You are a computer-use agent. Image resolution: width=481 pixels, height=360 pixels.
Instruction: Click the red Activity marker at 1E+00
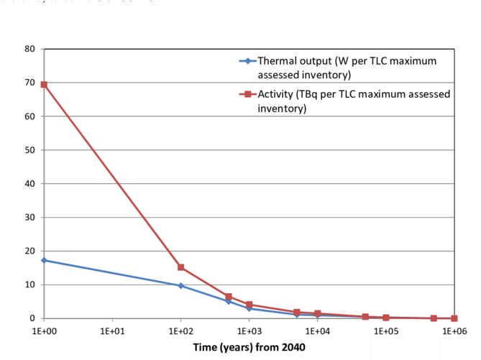point(44,84)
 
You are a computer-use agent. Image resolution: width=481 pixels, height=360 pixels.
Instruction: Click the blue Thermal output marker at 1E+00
point(44,260)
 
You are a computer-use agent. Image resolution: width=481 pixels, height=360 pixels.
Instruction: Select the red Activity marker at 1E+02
point(180,267)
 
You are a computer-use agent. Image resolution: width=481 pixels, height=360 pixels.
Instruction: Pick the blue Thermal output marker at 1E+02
point(180,285)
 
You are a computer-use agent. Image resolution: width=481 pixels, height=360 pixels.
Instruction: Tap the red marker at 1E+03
point(249,305)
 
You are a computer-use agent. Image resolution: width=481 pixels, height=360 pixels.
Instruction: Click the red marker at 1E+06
point(454,318)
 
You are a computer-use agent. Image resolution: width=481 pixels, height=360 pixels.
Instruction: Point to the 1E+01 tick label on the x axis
point(112,332)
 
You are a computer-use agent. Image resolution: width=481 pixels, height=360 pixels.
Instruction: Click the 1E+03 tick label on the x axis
point(249,332)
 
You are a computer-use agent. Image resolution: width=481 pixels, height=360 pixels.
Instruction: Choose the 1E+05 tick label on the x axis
point(385,332)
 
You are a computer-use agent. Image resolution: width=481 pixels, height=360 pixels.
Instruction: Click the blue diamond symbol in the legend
point(246,61)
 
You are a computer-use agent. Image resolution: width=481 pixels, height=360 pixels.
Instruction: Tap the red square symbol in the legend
point(246,95)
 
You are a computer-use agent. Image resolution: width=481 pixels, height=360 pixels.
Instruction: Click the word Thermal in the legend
point(278,61)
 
